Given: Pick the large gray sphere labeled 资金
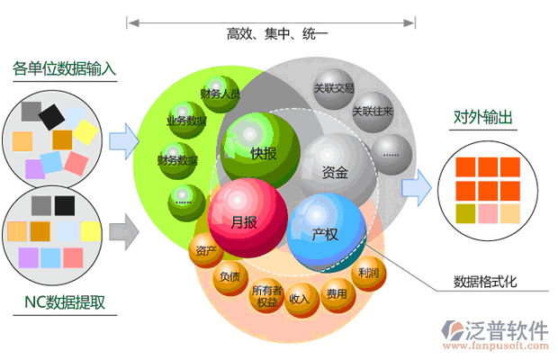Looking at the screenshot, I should (337, 169).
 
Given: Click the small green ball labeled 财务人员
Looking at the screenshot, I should (220, 94).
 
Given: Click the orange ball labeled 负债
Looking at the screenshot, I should (229, 277).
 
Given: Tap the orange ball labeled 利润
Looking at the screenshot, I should (368, 272).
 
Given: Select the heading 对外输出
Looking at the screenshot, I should (483, 117).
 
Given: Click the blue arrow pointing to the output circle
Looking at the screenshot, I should (416, 185).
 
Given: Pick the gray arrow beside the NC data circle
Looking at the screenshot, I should (123, 230).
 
